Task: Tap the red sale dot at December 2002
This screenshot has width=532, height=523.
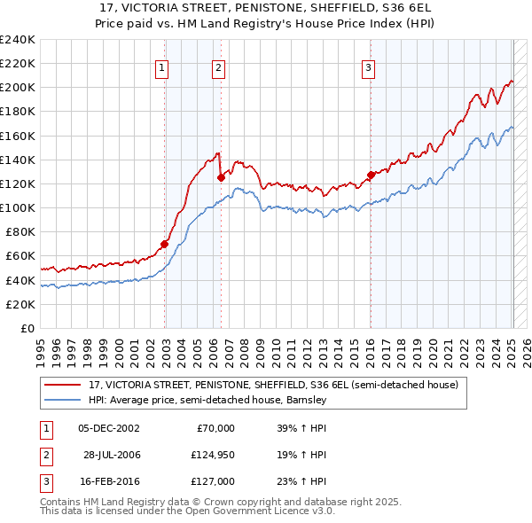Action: [164, 244]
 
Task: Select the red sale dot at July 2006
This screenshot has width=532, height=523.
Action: [221, 177]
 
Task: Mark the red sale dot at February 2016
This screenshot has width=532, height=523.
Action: [371, 175]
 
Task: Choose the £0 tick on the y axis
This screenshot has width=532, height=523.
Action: [27, 328]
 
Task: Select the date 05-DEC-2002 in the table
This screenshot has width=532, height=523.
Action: [109, 428]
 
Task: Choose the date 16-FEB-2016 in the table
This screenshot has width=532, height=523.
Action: [109, 481]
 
